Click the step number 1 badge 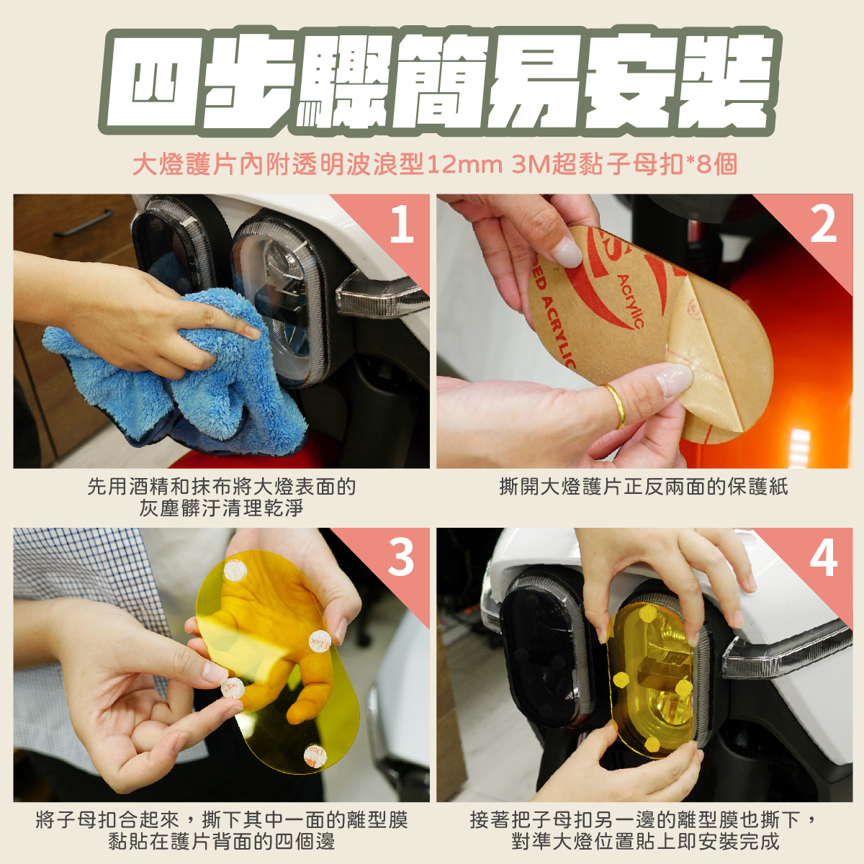tap(401, 224)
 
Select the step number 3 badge tap(400, 558)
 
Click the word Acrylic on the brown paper tap(631, 301)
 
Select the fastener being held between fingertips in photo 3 tap(233, 688)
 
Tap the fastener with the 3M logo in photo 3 tap(315, 758)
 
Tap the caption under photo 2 tap(644, 487)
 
